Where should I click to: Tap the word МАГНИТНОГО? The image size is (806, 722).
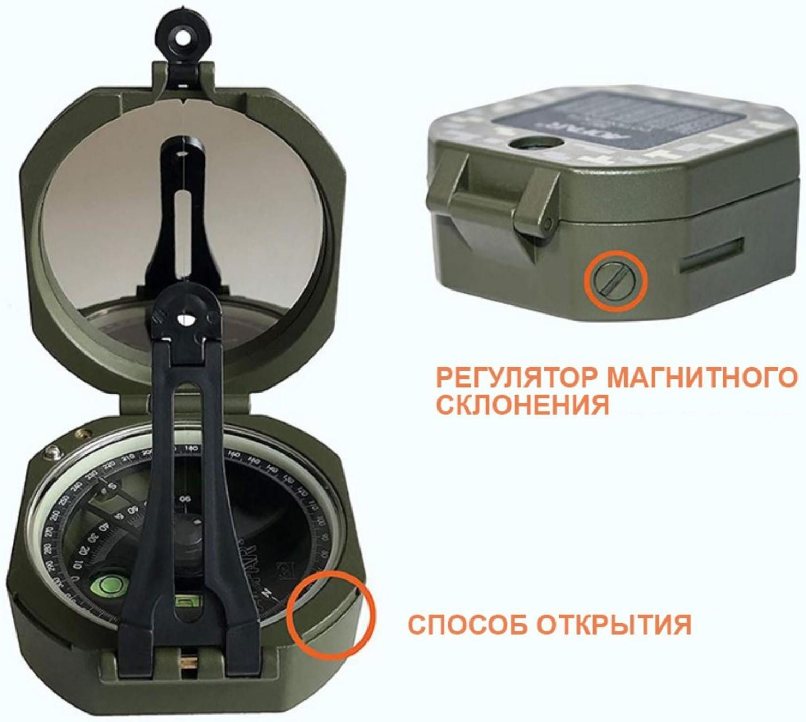702,378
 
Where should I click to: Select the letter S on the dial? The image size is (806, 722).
113,486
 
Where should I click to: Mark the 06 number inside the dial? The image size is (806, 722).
185,499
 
